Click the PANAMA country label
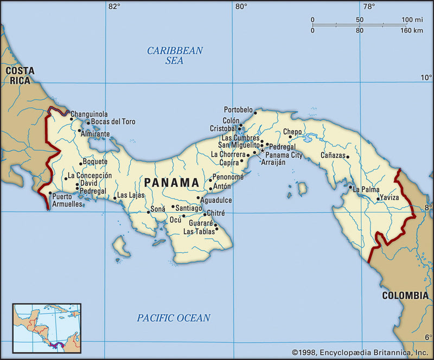pos(171,182)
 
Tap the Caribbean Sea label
pos(175,55)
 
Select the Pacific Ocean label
pos(173,318)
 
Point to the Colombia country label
pos(405,295)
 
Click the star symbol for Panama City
pos(262,150)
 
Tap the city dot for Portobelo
pos(255,113)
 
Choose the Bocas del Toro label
pos(113,121)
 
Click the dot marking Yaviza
pos(378,198)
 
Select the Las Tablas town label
pos(199,232)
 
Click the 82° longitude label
pos(114,7)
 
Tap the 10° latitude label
pos(426,78)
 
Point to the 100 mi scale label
pos(412,20)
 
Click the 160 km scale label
pos(411,30)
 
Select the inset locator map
pos(47,329)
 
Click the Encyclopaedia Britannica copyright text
pos(359,352)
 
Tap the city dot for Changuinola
pos(71,119)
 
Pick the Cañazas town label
pos(332,156)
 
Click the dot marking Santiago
pos(173,207)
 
